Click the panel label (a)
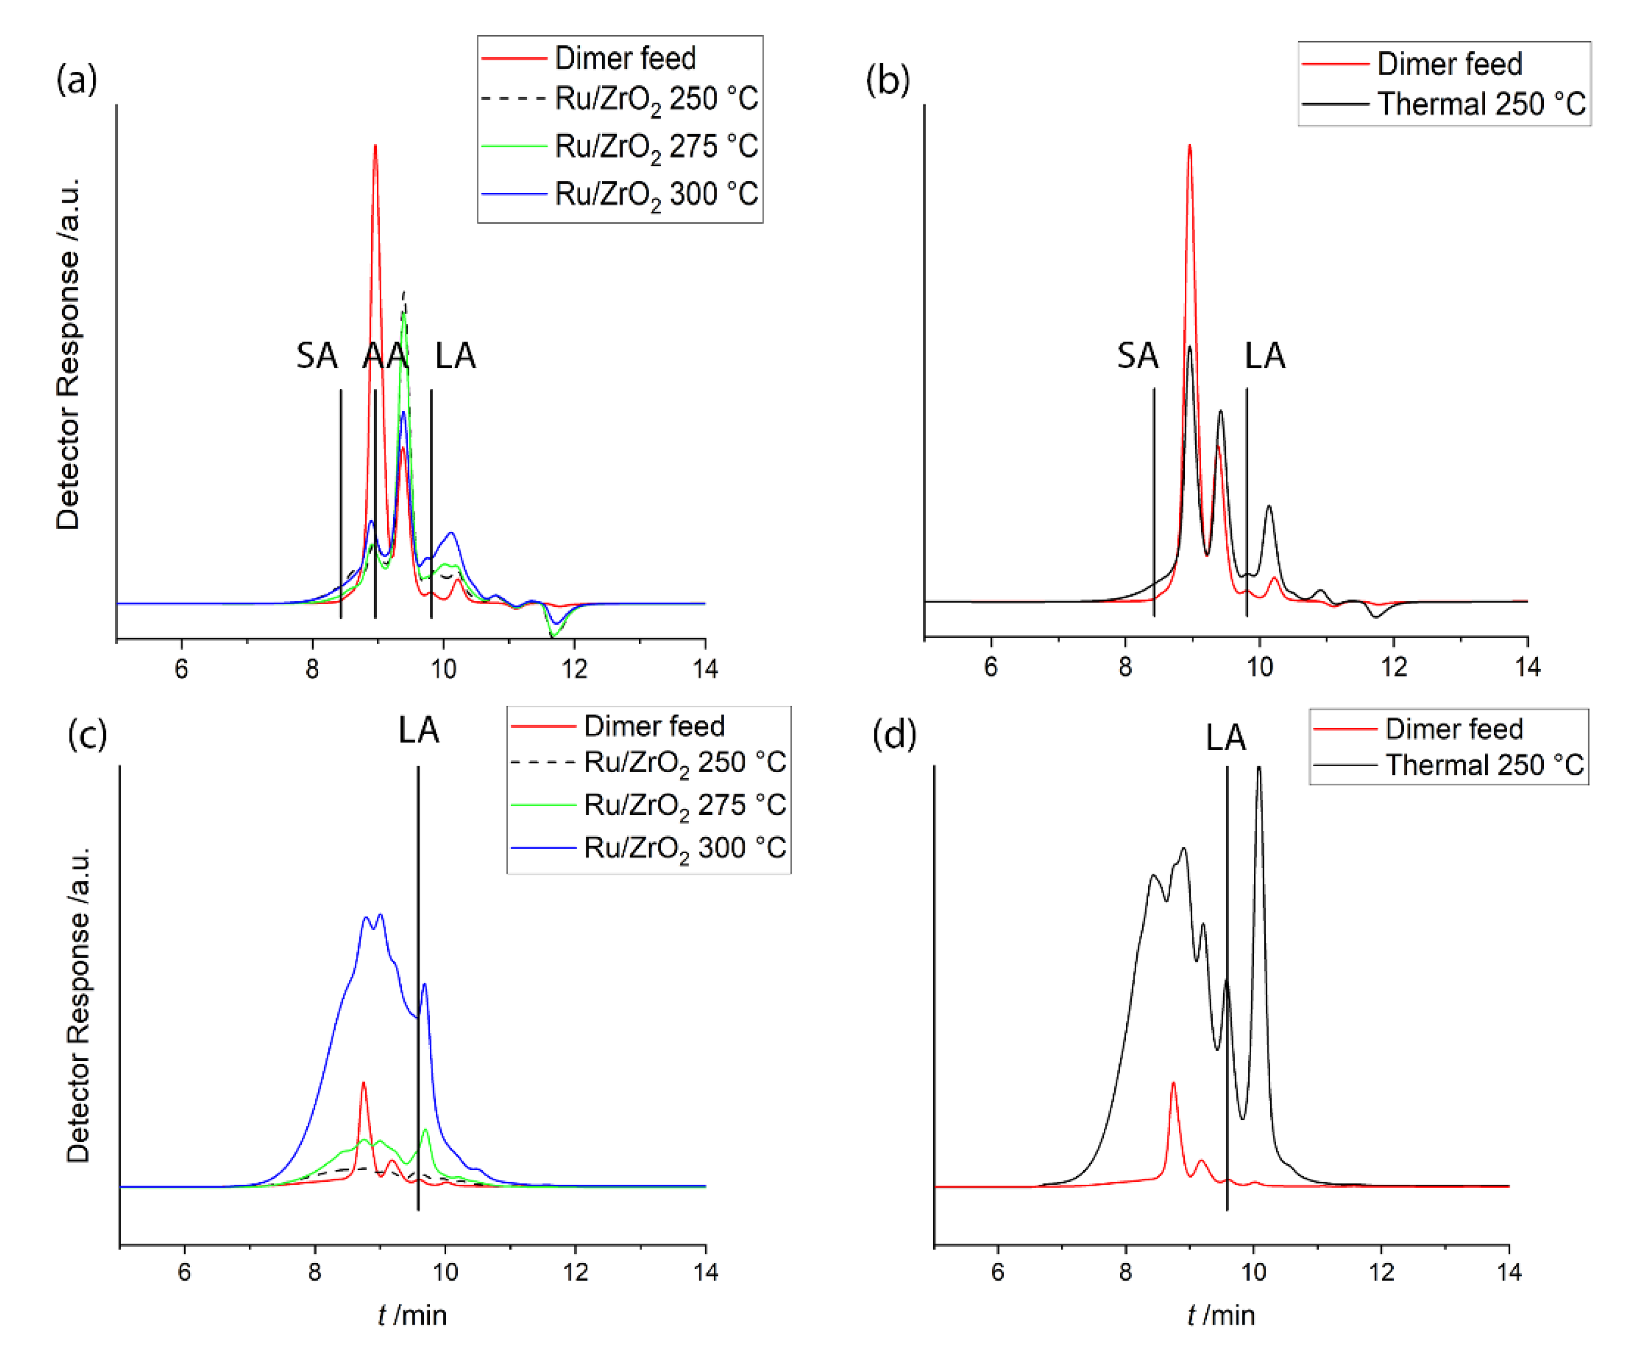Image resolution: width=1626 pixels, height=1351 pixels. [x=77, y=79]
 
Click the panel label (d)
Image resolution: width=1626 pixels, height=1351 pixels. [x=894, y=734]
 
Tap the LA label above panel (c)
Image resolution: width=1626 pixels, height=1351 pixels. [x=418, y=730]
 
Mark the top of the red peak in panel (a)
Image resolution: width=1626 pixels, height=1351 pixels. [x=375, y=146]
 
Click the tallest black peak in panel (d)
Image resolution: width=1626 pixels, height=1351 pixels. [x=1259, y=768]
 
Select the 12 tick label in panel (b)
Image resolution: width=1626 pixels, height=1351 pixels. [x=1394, y=667]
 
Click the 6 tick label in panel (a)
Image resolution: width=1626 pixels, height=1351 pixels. [x=181, y=669]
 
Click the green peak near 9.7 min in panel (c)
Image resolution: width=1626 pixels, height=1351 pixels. [x=425, y=1131]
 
